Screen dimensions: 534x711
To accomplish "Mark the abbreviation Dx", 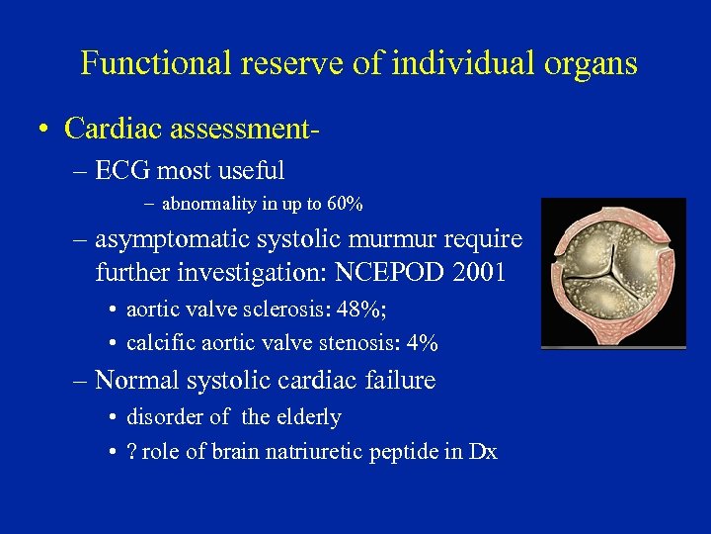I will [483, 452].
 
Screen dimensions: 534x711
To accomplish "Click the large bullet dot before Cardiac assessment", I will [43, 130].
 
